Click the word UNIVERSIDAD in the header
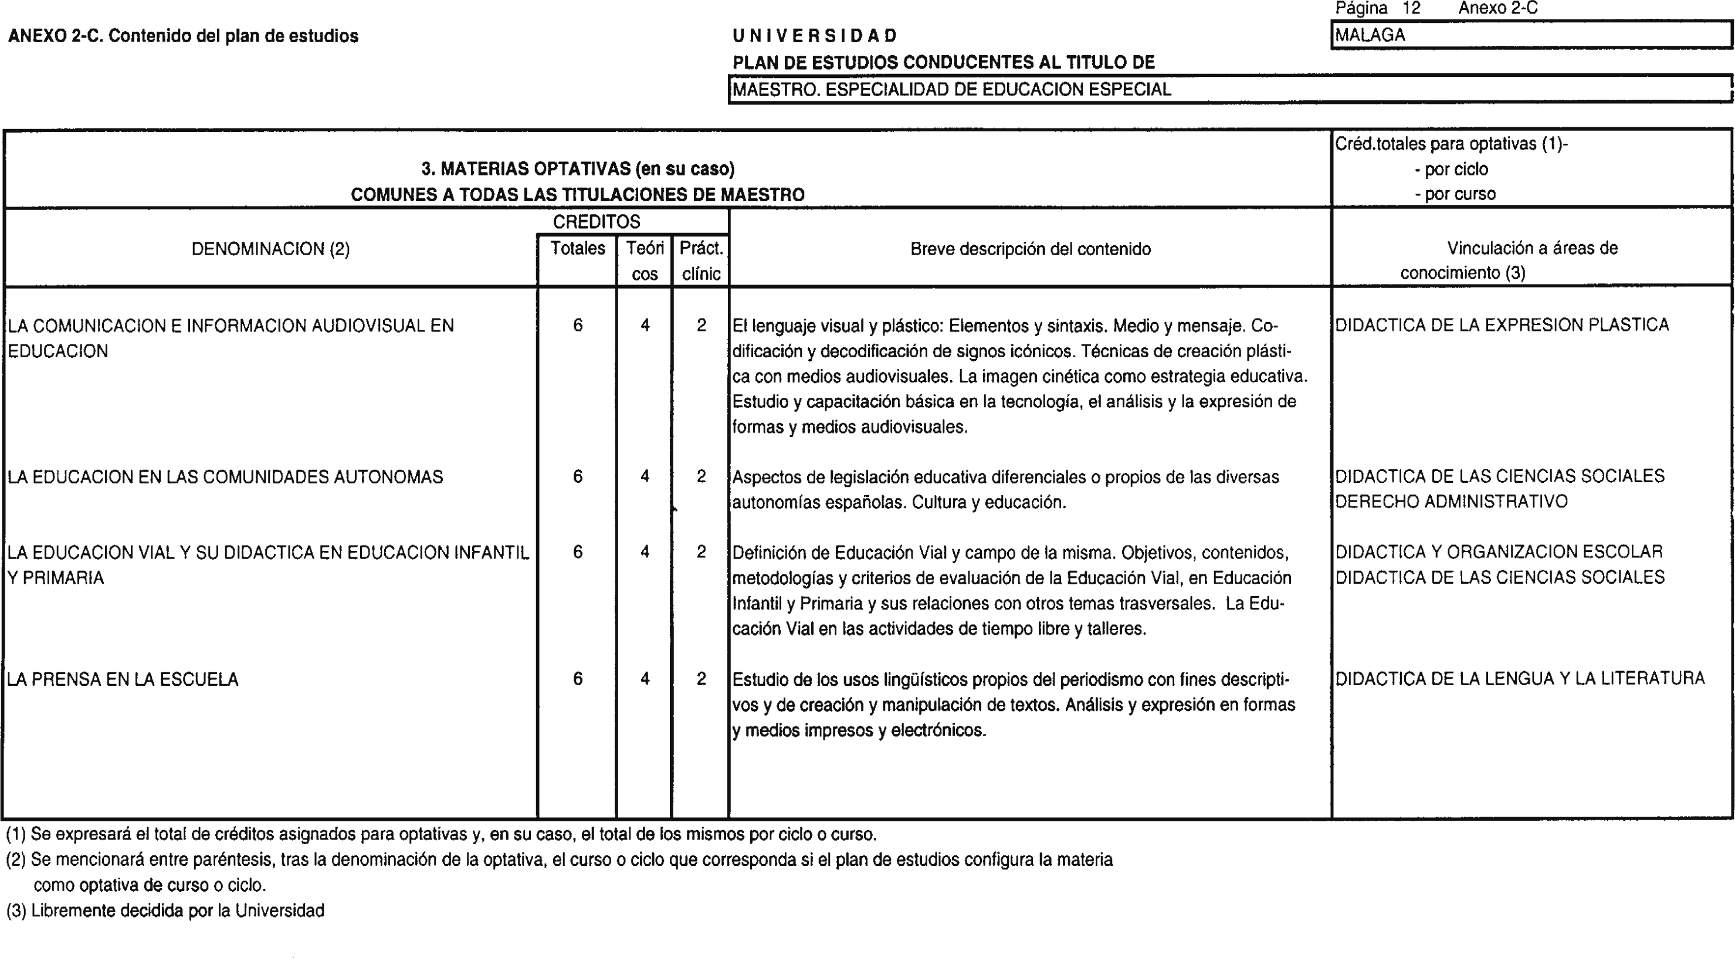click(815, 36)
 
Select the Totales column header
click(577, 249)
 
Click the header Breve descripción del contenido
click(1030, 249)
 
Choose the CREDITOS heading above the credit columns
click(596, 222)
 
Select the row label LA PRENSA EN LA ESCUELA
click(123, 679)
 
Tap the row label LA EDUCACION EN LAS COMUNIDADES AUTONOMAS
click(225, 477)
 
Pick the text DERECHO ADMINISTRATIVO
click(1452, 502)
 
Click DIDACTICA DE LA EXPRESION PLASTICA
click(1502, 325)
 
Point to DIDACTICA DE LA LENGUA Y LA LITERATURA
click(1520, 678)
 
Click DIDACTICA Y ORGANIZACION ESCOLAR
click(1499, 552)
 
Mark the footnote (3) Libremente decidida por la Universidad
click(165, 911)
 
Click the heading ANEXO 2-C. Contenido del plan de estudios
click(183, 36)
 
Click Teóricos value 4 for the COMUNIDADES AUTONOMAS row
click(645, 477)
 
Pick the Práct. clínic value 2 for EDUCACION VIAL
click(701, 552)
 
